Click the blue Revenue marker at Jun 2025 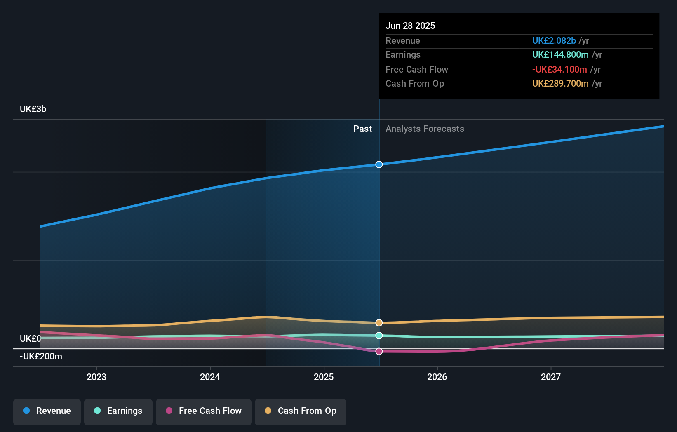[379, 164]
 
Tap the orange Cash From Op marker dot [379, 323]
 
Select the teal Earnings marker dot [379, 336]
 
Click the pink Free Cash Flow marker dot [379, 351]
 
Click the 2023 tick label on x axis [96, 377]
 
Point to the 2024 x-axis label [210, 377]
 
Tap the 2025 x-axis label [324, 377]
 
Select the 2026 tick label [437, 377]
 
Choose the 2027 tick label [551, 377]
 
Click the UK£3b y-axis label [33, 109]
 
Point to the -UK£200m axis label [41, 357]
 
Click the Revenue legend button [47, 411]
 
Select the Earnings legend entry [118, 411]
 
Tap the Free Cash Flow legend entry [204, 411]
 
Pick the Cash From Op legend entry [301, 411]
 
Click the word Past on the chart [362, 129]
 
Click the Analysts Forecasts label [425, 129]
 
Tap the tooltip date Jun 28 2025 [410, 26]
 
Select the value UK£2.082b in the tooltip [554, 41]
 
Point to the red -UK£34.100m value [559, 70]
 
